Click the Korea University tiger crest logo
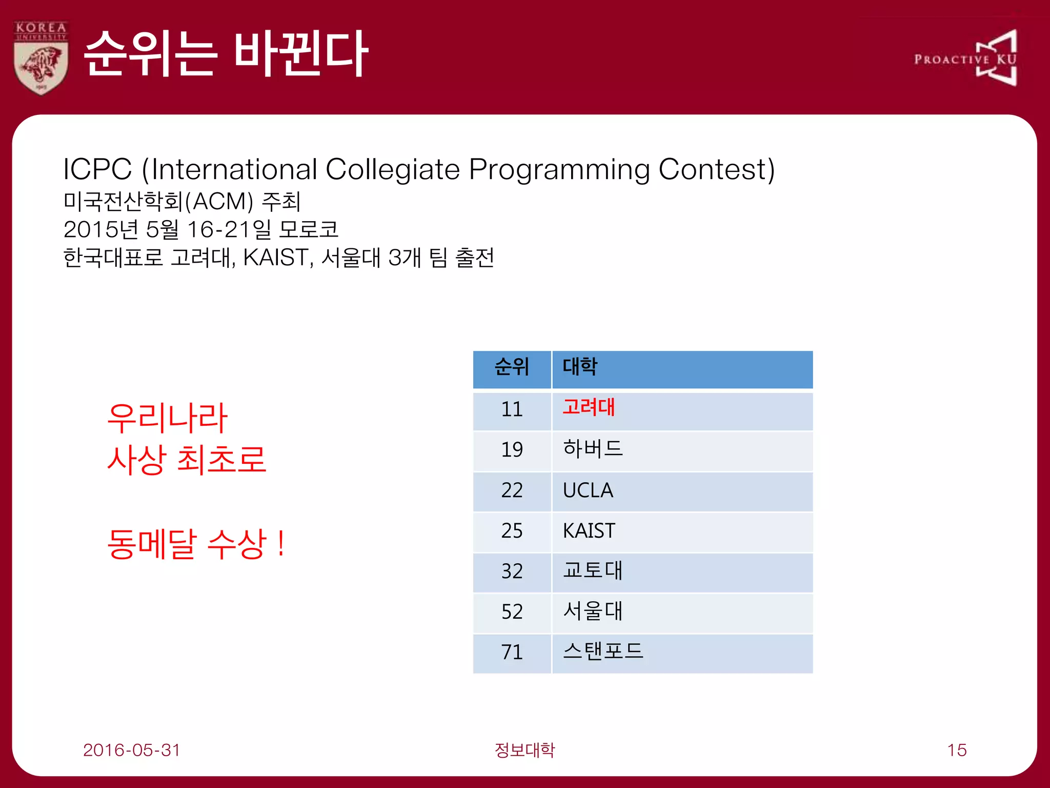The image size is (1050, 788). coord(41,58)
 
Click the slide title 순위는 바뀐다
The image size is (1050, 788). coord(225,54)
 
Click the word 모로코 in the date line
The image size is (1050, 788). coord(308,229)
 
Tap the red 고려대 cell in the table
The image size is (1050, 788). coord(589,408)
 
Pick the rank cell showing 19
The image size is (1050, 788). coord(512,450)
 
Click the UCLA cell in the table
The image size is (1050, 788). coord(588,490)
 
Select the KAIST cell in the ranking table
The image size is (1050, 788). coord(589,531)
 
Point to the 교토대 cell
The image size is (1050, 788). coord(592,571)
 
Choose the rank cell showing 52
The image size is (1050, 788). coord(512,612)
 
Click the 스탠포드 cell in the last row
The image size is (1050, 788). coord(602,652)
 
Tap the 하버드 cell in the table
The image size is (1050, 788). coord(592,449)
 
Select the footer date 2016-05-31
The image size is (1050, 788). coord(132,750)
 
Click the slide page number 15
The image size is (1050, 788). coord(957,750)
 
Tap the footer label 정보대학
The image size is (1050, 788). coord(524,750)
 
